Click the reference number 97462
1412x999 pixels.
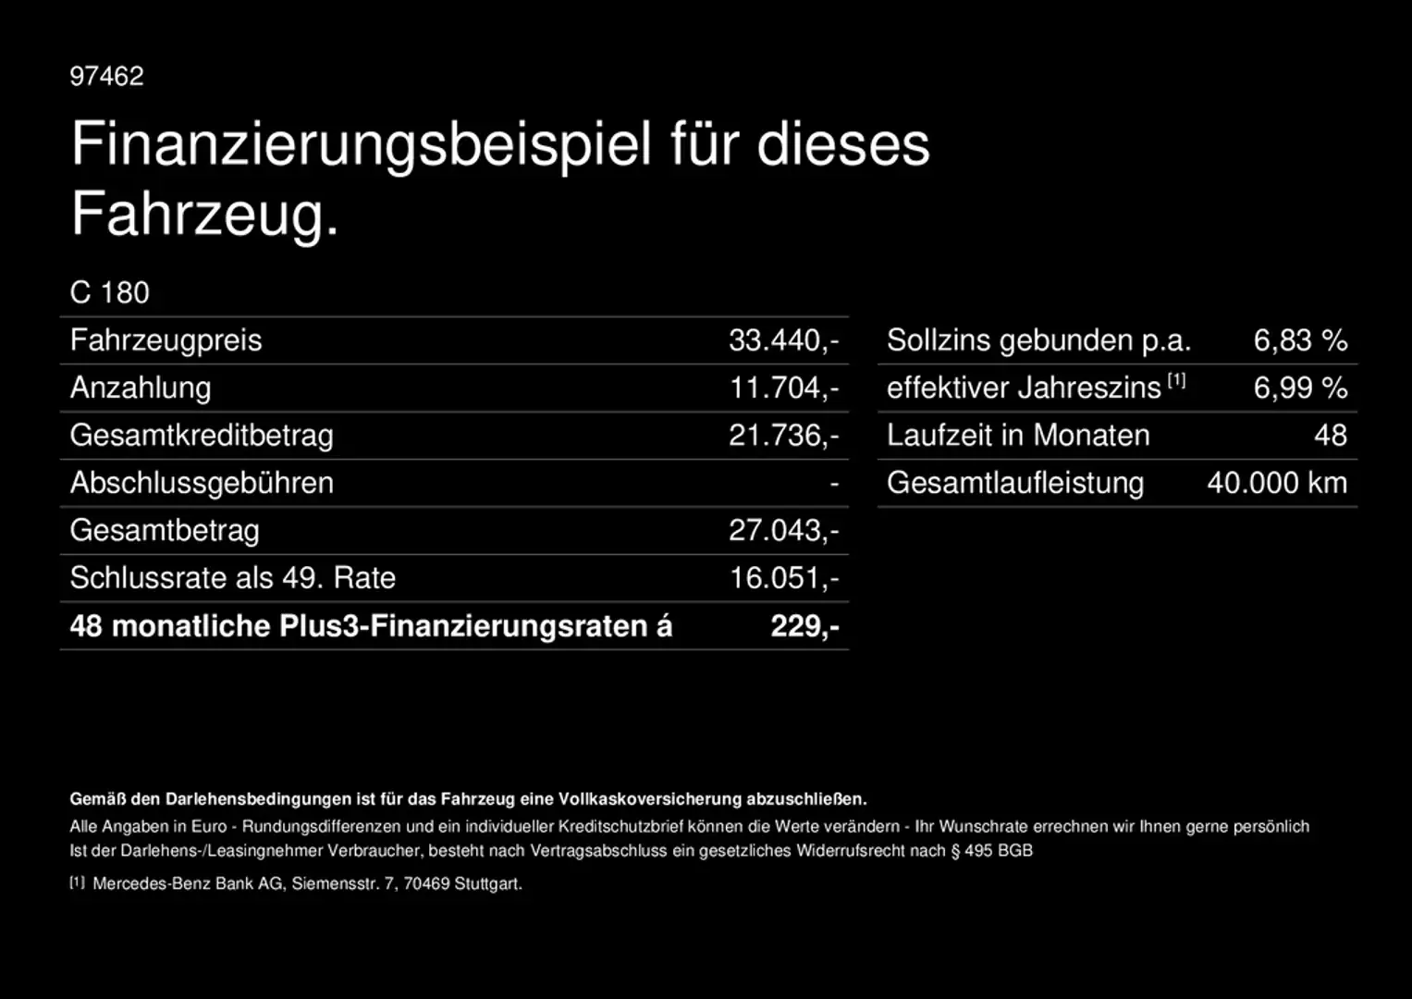[106, 76]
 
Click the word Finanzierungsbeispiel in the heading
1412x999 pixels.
[361, 144]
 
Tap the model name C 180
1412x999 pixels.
[109, 292]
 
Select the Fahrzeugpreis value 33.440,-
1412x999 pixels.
[783, 340]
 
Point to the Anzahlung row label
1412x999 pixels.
[141, 388]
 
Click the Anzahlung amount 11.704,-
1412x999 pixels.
[783, 388]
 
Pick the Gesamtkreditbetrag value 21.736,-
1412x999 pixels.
[783, 436]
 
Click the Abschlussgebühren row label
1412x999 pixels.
[202, 483]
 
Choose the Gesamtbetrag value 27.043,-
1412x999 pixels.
[783, 530]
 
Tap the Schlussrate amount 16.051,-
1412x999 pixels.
[783, 578]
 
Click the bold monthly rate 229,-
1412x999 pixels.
[804, 626]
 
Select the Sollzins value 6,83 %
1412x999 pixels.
[1300, 340]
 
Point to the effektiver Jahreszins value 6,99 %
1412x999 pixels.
[1300, 388]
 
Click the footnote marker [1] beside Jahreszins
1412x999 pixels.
[1176, 380]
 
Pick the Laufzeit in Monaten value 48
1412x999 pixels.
[1331, 436]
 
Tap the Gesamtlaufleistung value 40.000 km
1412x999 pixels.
[1277, 483]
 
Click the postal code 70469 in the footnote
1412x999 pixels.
[426, 884]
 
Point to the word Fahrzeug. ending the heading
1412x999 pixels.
[205, 215]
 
